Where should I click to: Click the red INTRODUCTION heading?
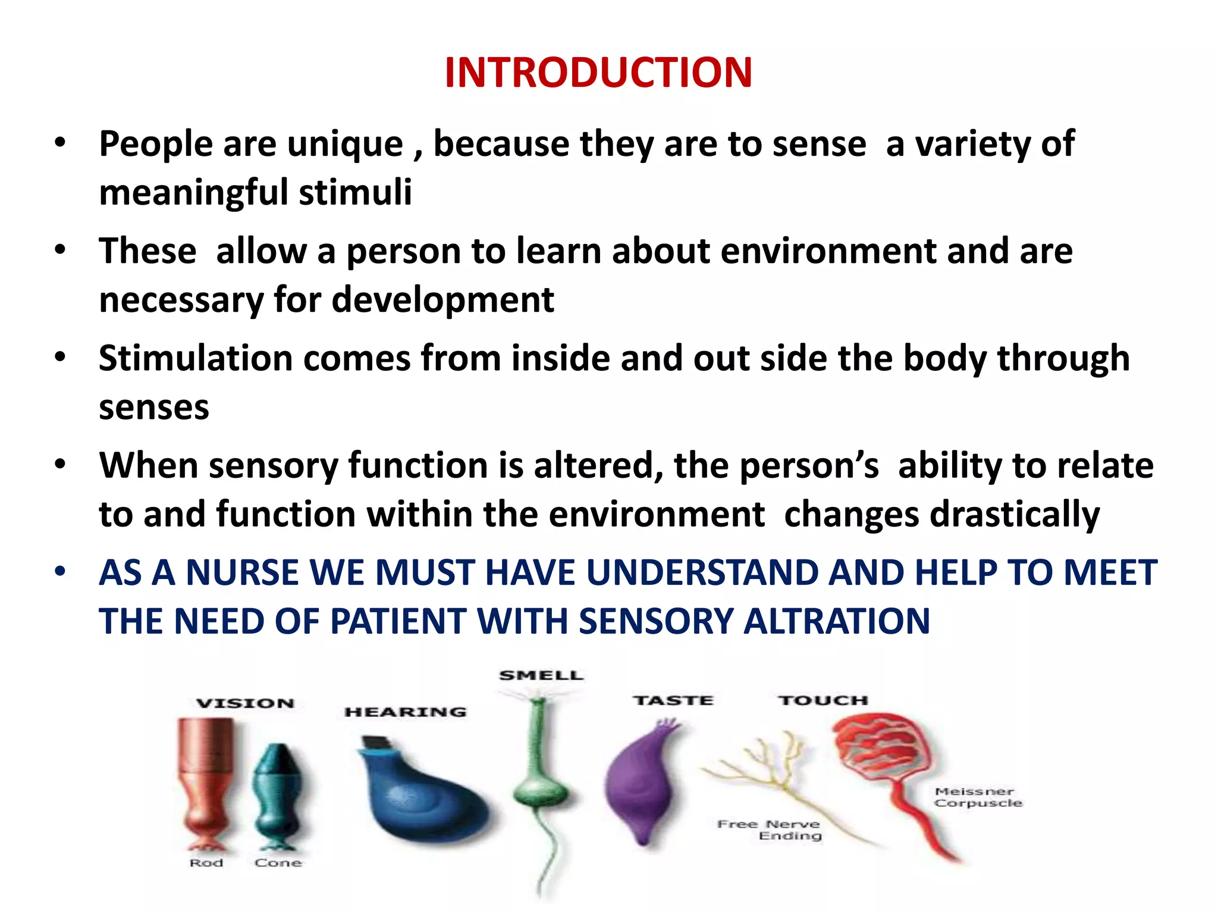[598, 73]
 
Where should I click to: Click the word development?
[443, 300]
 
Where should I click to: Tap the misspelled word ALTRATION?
[837, 622]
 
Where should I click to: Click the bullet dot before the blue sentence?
[59, 571]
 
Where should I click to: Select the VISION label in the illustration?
[246, 703]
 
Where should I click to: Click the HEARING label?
[406, 712]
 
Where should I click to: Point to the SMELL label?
[541, 675]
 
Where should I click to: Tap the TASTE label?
[673, 700]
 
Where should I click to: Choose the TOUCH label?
[823, 700]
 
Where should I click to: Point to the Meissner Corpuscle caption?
[977, 797]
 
